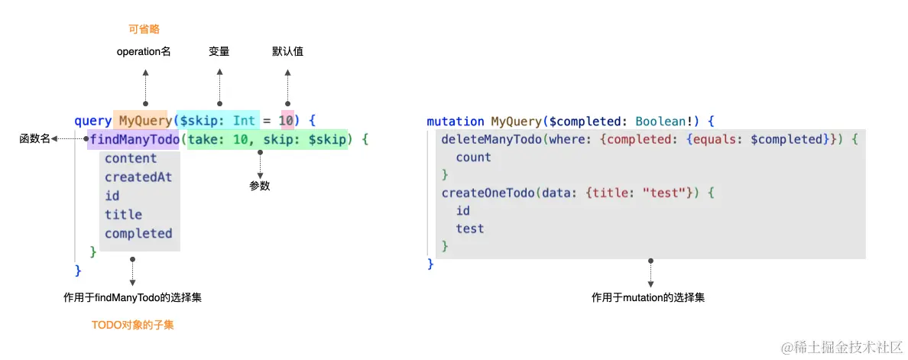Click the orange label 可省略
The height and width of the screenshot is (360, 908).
point(144,29)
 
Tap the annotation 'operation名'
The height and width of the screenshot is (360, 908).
point(144,52)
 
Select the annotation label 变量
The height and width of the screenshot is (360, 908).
point(219,52)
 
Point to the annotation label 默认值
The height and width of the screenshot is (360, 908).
point(288,52)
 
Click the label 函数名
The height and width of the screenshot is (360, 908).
point(34,139)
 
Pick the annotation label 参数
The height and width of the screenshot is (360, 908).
point(260,186)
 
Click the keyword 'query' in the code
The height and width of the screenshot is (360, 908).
point(92,121)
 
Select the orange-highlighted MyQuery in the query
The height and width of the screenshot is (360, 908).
point(144,121)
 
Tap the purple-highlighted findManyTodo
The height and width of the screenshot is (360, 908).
point(134,140)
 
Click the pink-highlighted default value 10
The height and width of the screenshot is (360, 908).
point(287,121)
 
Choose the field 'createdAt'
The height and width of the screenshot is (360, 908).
point(138,177)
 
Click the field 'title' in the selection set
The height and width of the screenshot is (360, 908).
point(124,215)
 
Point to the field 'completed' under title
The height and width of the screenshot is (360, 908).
point(138,233)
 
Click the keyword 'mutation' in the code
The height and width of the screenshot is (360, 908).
point(456,122)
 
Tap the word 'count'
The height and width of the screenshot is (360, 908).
point(474,157)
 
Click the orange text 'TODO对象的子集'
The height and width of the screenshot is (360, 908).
point(133,325)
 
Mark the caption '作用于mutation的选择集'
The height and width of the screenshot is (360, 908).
point(648,297)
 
